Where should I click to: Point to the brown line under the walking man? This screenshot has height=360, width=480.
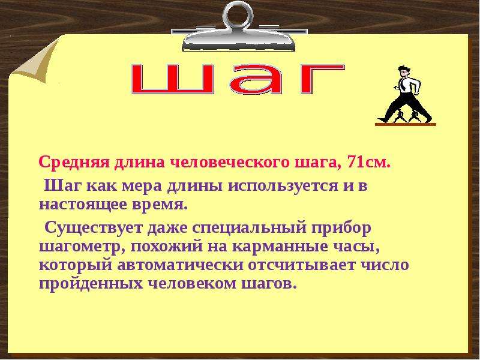point(406,124)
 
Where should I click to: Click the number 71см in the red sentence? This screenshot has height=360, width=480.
point(368,163)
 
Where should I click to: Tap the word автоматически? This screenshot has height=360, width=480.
point(180,266)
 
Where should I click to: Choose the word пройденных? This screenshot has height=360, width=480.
point(91,284)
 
